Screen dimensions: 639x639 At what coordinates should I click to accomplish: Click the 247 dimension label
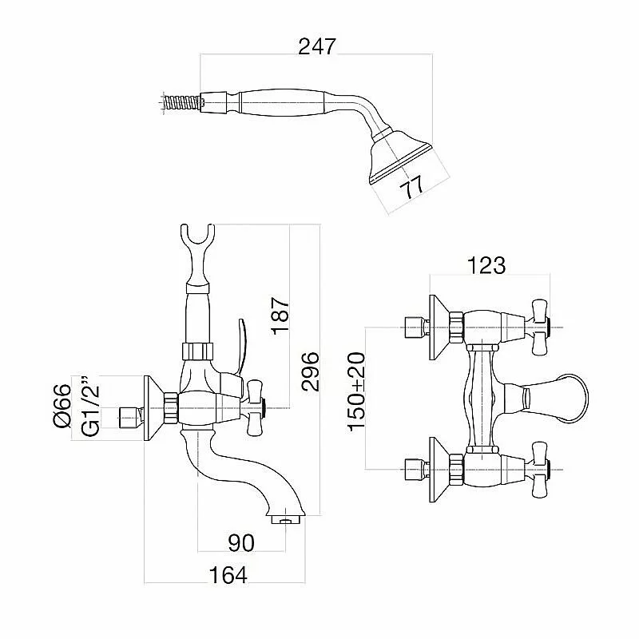[x=317, y=46]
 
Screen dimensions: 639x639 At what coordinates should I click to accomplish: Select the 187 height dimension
[x=280, y=316]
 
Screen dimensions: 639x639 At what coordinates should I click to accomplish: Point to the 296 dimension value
[x=311, y=370]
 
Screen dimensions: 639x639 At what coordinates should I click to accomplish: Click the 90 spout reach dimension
[x=240, y=543]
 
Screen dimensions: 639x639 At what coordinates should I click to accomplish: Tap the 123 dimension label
[x=486, y=265]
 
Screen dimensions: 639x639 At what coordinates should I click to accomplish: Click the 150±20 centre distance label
[x=356, y=391]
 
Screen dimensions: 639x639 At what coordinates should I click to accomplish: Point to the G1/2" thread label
[x=90, y=407]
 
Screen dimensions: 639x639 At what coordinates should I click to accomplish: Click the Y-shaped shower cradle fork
[x=196, y=240]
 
